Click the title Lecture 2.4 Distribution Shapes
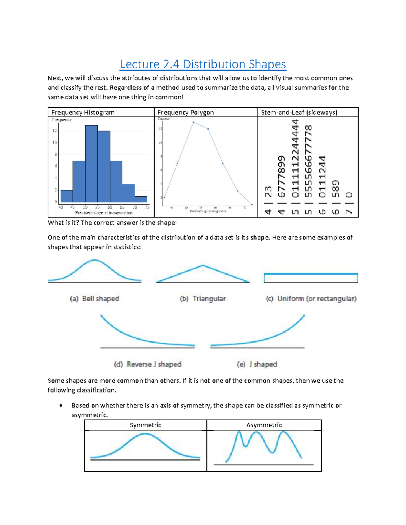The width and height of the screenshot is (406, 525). (203, 64)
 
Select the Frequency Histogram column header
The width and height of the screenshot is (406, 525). (83, 112)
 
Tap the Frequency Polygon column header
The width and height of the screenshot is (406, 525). (185, 112)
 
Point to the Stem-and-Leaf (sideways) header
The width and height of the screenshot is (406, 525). (299, 112)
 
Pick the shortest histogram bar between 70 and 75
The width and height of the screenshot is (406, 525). (141, 199)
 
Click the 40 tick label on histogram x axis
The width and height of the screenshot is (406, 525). (61, 207)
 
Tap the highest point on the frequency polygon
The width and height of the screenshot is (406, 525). (193, 122)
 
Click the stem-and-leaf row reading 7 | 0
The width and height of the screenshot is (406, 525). (349, 203)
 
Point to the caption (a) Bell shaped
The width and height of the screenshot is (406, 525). (94, 299)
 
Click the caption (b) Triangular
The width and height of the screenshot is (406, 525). (203, 299)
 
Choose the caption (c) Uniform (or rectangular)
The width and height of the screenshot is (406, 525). (311, 299)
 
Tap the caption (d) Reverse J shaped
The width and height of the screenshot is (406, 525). (148, 364)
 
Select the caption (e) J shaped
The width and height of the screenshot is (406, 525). (257, 364)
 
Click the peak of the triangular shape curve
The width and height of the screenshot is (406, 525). (203, 266)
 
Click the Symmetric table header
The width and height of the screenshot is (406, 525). (145, 425)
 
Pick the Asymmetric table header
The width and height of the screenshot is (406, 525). (264, 425)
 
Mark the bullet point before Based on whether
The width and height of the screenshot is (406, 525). (61, 405)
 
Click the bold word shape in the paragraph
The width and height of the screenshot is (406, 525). (260, 237)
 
